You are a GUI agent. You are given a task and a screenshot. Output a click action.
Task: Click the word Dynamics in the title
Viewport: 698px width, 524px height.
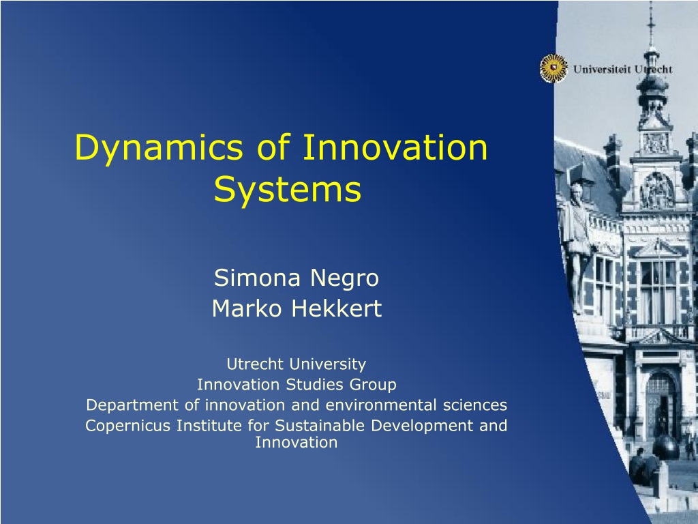pyautogui.click(x=159, y=148)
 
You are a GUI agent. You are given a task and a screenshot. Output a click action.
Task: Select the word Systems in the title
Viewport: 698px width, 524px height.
pyautogui.click(x=288, y=189)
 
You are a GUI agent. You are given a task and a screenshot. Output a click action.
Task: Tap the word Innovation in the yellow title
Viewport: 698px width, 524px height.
pyautogui.click(x=395, y=147)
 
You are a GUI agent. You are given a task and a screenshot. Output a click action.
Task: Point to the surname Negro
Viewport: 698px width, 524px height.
pyautogui.click(x=344, y=278)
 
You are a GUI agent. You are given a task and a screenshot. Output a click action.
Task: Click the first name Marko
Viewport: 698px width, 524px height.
pyautogui.click(x=247, y=308)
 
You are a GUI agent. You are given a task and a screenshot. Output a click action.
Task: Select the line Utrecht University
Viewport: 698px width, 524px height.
pyautogui.click(x=297, y=364)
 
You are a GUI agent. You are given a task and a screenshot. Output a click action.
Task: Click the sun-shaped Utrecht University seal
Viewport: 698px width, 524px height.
pyautogui.click(x=553, y=68)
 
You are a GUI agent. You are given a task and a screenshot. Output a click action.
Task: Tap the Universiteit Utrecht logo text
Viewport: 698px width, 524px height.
pyautogui.click(x=623, y=69)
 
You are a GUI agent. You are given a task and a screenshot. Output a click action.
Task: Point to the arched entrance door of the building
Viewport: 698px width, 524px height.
pyautogui.click(x=660, y=403)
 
